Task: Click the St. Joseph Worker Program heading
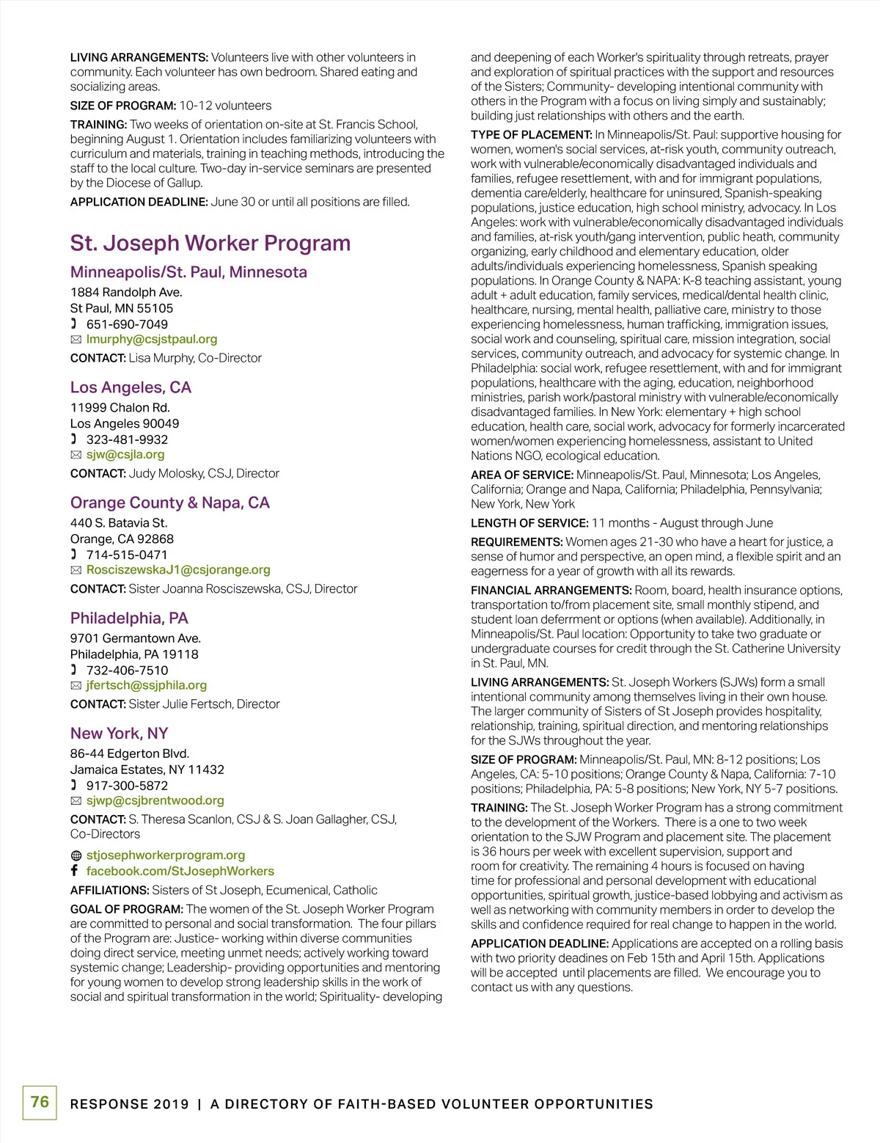tap(210, 244)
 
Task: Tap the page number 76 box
tap(40, 1102)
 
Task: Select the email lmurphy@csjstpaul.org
tap(152, 339)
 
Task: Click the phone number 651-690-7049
tap(127, 324)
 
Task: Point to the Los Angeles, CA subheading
tap(131, 387)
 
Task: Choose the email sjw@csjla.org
tap(125, 454)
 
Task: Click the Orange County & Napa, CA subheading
tap(170, 503)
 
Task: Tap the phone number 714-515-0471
tap(127, 555)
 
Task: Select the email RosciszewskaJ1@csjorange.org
tap(178, 569)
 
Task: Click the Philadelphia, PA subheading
tap(129, 618)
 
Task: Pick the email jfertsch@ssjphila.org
tap(147, 685)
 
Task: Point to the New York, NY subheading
tap(120, 733)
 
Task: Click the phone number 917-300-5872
tap(127, 785)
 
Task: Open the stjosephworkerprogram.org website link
tap(166, 855)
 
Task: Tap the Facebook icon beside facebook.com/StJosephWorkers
tap(75, 870)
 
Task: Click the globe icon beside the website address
tap(76, 855)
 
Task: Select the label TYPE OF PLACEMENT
tap(531, 135)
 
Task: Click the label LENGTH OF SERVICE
tap(529, 523)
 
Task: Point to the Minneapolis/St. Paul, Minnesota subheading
tap(188, 272)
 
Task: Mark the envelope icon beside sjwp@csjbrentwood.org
tap(76, 800)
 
